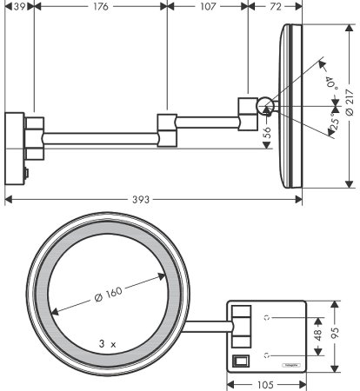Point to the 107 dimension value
pyautogui.click(x=207, y=6)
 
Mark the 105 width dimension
pyautogui.click(x=268, y=384)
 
